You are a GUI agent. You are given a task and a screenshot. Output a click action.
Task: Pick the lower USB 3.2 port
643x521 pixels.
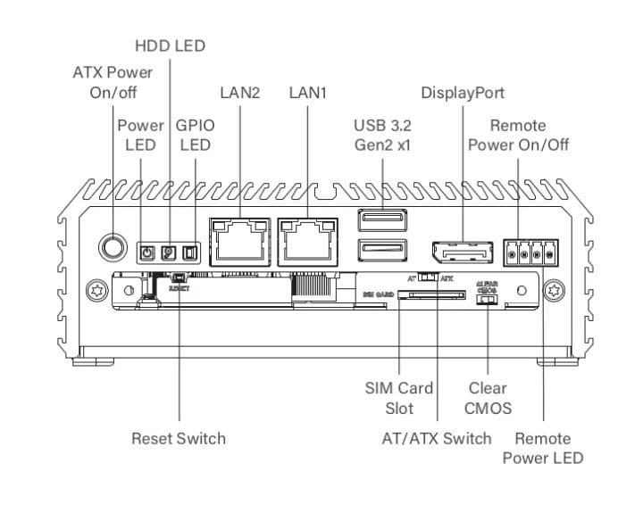(381, 252)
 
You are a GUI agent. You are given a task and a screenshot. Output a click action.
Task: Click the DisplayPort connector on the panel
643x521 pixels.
(462, 252)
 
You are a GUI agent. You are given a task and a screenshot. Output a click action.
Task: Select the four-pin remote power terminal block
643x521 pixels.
(532, 252)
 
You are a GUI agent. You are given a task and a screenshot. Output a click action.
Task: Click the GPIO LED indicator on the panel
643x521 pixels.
(188, 253)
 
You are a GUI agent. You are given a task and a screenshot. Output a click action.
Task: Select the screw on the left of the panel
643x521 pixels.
(93, 291)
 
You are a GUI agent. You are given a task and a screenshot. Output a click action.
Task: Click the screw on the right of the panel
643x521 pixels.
(556, 291)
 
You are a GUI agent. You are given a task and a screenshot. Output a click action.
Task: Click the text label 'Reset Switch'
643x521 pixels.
(179, 438)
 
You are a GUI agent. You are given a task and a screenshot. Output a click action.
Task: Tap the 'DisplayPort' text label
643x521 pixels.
(463, 93)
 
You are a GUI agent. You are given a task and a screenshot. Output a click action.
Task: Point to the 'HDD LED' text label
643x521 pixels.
(169, 45)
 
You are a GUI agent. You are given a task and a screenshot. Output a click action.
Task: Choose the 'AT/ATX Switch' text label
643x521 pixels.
(436, 438)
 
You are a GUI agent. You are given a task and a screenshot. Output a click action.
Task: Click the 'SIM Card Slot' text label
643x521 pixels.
(399, 399)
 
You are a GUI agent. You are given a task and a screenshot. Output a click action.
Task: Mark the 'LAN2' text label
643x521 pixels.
(239, 93)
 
